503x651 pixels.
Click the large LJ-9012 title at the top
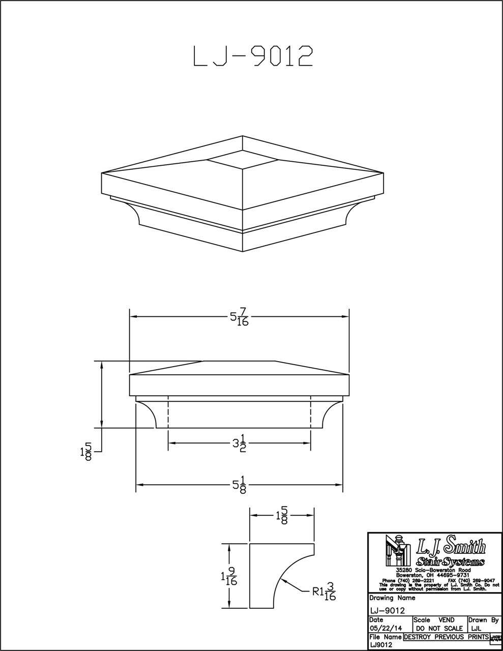252,56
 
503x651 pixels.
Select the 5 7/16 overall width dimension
239,318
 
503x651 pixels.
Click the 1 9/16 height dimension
229,577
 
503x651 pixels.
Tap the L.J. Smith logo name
451,547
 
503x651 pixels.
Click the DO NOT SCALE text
439,628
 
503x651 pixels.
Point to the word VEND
446,620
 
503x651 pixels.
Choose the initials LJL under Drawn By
478,628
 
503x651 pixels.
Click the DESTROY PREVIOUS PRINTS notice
446,637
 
